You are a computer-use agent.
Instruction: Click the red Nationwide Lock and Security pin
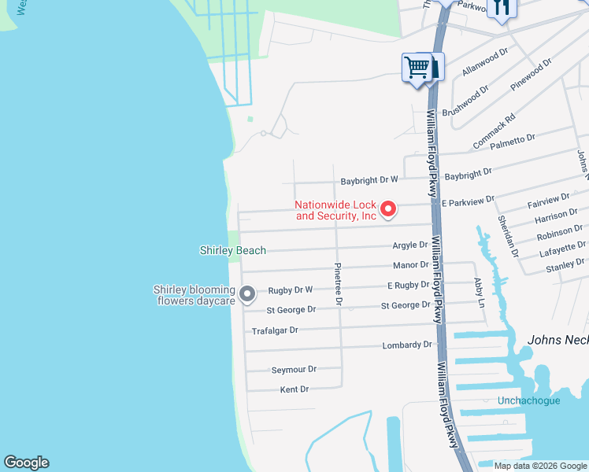click(x=387, y=208)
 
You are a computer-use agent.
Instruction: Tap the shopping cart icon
click(x=416, y=66)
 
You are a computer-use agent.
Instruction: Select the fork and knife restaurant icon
click(x=501, y=8)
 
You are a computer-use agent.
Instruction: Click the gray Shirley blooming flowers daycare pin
click(x=247, y=295)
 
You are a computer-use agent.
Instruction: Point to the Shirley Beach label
click(x=232, y=250)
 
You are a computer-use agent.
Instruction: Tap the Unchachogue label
click(x=528, y=400)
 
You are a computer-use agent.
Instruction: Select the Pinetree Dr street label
click(x=339, y=283)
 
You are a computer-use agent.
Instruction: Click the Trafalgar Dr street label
click(x=275, y=330)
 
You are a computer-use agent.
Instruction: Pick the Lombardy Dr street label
click(x=407, y=345)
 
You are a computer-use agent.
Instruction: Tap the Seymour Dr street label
click(x=293, y=369)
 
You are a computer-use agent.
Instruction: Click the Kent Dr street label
click(x=294, y=389)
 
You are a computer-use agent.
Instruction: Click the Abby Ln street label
click(x=478, y=292)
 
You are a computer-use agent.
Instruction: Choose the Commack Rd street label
click(x=494, y=131)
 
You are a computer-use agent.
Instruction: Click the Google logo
click(x=26, y=463)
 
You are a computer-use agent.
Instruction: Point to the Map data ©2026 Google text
click(x=539, y=466)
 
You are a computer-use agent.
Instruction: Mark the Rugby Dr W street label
click(x=291, y=290)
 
